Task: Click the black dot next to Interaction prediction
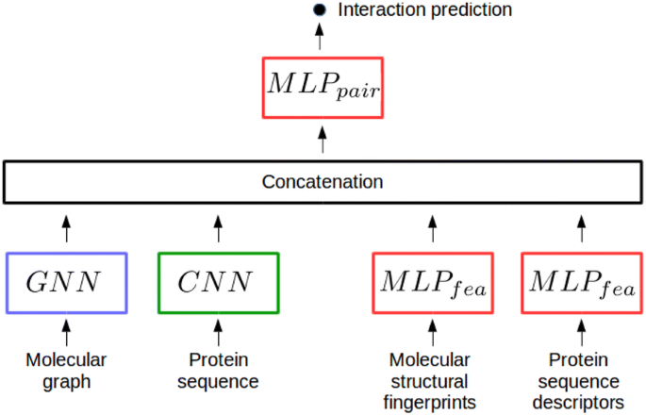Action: click(319, 10)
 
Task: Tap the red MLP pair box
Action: click(323, 88)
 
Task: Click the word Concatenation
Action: click(323, 181)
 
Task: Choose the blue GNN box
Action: click(66, 282)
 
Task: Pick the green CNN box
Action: click(219, 282)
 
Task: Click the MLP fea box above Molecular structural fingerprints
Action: click(433, 282)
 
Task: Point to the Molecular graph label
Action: click(66, 371)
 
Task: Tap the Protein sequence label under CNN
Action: click(219, 371)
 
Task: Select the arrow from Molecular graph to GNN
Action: click(66, 331)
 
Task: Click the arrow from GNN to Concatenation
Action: click(66, 227)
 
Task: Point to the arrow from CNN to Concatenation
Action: click(219, 227)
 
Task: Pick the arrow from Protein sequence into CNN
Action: click(219, 331)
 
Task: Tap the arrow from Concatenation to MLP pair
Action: click(323, 141)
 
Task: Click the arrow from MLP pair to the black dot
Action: click(320, 38)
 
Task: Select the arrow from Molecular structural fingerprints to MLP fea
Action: click(433, 331)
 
